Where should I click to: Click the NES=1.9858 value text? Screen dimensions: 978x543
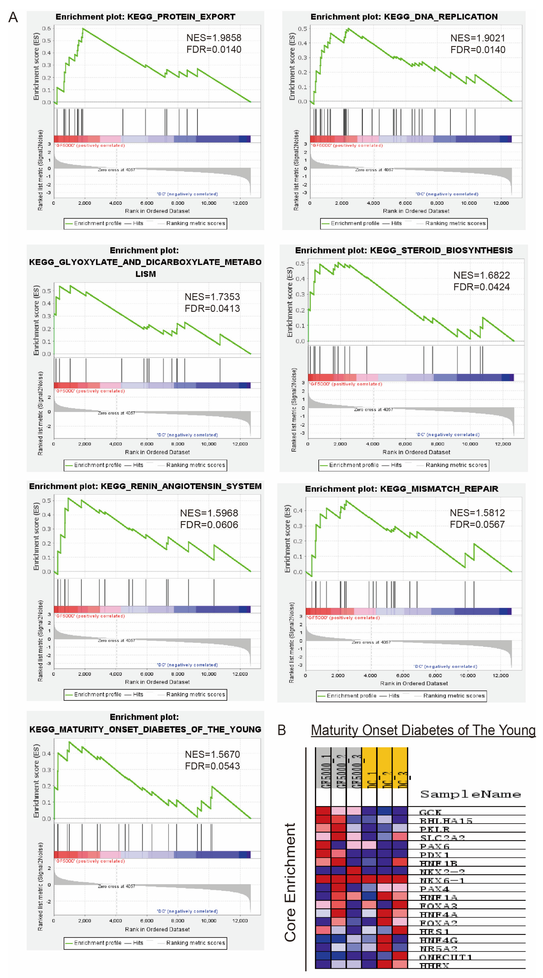pos(214,38)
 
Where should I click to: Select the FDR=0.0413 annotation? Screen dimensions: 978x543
pos(212,308)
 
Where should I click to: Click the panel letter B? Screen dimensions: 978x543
pos(282,730)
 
